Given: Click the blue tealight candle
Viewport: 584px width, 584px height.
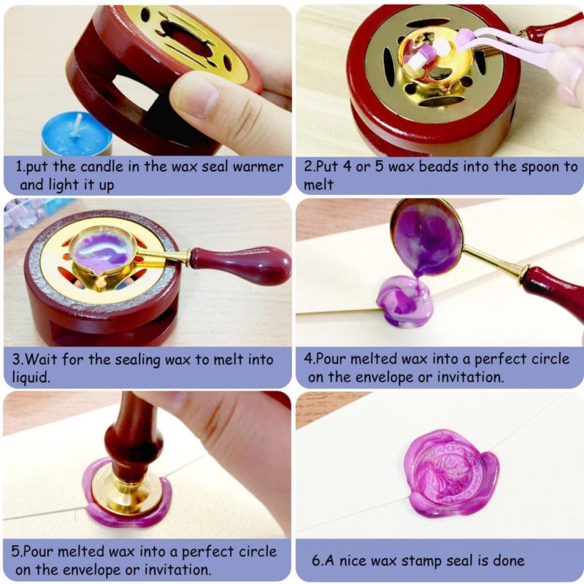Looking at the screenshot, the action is coord(77,134).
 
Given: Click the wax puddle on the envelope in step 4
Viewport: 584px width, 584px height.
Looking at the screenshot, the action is coord(404,302).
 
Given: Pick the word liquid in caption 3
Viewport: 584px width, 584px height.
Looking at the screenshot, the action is coord(31,377).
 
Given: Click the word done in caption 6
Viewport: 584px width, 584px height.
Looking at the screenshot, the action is coord(508,560).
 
